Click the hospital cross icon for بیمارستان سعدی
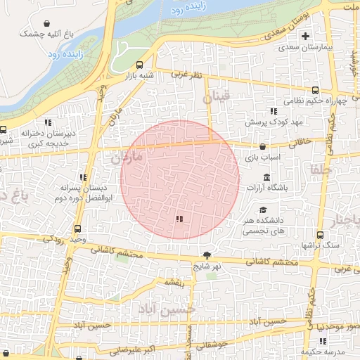point(305,37)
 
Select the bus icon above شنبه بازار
point(139,64)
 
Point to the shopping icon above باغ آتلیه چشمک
point(47,23)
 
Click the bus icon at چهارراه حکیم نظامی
point(314,90)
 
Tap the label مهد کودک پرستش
point(265,122)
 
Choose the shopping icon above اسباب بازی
point(263,147)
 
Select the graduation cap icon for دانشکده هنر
point(263,210)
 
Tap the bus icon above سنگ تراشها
point(320,235)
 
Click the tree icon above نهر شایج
point(207,256)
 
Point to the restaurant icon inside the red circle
point(180,219)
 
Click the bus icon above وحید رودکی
point(77,229)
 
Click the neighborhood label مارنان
point(126,157)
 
